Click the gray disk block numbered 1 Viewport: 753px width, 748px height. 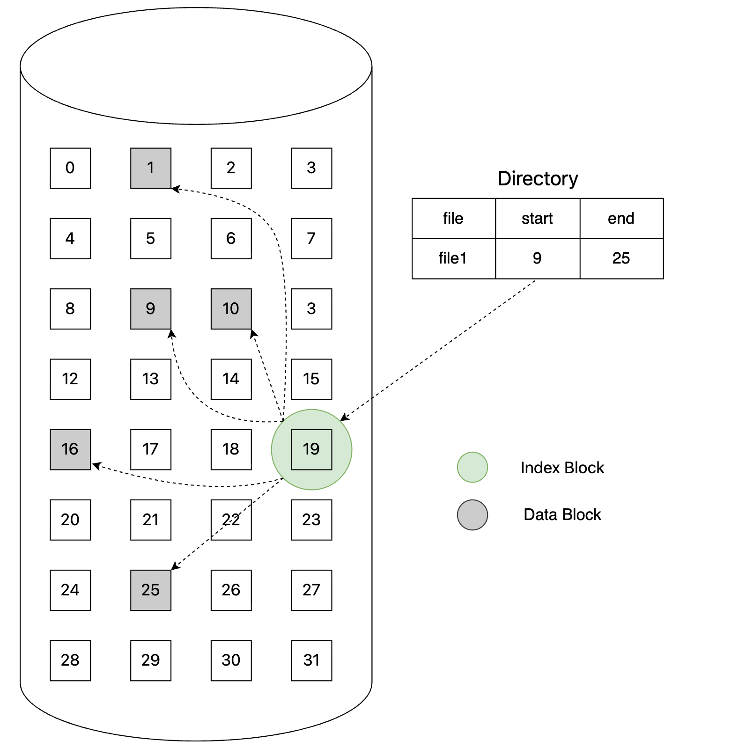[x=151, y=168]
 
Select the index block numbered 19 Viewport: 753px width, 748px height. [x=311, y=449]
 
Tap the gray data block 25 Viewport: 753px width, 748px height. [x=151, y=590]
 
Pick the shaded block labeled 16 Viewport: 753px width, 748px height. [x=70, y=449]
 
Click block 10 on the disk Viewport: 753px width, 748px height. [x=231, y=308]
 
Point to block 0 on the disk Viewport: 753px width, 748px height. [x=70, y=168]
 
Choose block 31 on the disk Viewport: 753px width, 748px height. [x=311, y=660]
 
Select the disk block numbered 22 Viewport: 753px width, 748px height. [x=231, y=520]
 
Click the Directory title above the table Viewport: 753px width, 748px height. [x=538, y=178]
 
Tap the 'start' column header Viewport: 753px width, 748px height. [x=538, y=219]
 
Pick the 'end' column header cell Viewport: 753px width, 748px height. [x=621, y=219]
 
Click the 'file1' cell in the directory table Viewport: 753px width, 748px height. [x=453, y=258]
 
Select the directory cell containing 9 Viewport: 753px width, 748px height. [x=538, y=258]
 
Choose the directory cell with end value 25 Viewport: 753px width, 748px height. [x=621, y=258]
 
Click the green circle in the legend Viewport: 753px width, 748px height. [x=472, y=467]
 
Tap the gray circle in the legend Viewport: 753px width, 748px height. [x=472, y=515]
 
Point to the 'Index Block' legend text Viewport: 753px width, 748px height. [x=562, y=468]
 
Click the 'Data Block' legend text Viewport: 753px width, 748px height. [x=562, y=514]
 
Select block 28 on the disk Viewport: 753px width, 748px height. [x=70, y=660]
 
